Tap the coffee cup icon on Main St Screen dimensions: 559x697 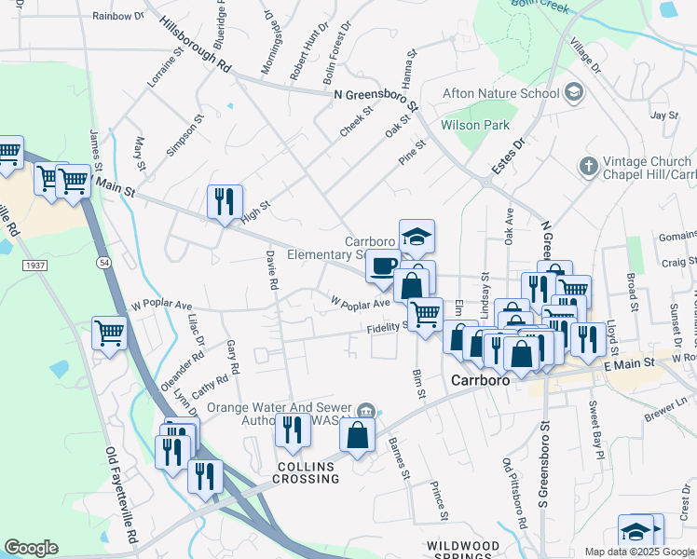[x=382, y=266]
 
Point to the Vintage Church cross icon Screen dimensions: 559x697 [x=587, y=167]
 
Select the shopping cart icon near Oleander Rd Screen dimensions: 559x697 [x=110, y=333]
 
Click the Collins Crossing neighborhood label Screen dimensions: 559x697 [x=306, y=471]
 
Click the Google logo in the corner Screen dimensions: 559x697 [x=31, y=548]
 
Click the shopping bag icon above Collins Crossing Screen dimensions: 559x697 [x=358, y=433]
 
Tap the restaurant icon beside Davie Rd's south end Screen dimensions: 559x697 [x=294, y=430]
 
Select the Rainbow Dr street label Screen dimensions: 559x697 [x=118, y=16]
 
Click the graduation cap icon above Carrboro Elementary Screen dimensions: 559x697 [x=417, y=237]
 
